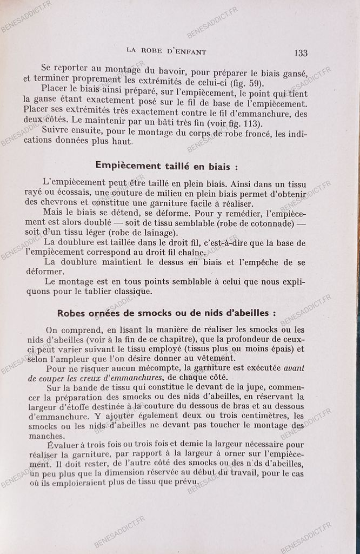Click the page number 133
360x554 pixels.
[x=301, y=52]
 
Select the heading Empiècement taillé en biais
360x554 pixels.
[x=166, y=165]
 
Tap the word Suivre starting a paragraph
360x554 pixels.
[x=57, y=131]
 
